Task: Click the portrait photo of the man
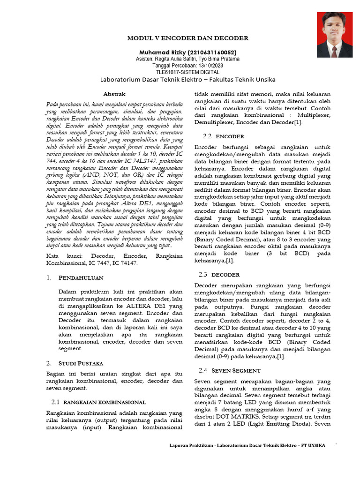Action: point(334,35)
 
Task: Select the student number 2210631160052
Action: point(211,52)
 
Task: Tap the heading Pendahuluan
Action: point(81,278)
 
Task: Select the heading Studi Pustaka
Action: point(81,363)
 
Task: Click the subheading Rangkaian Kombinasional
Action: point(105,402)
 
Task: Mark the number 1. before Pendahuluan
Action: point(50,278)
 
